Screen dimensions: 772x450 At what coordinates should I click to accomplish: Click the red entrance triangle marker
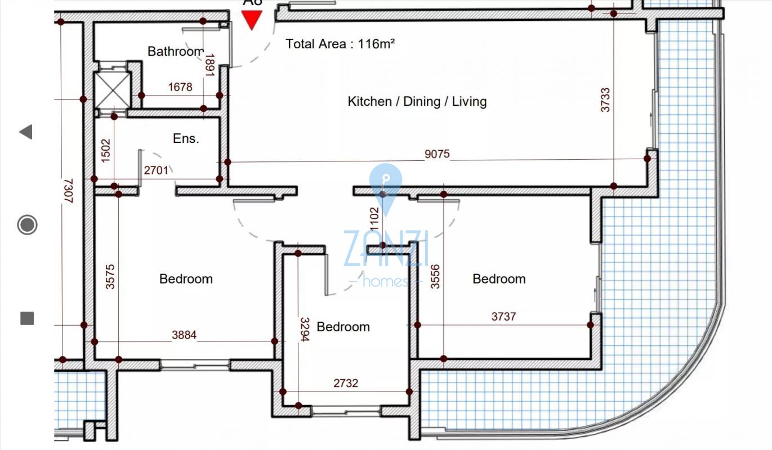click(252, 20)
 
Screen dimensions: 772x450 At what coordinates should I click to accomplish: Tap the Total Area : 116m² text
click(340, 44)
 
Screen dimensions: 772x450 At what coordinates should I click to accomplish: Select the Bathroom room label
click(176, 51)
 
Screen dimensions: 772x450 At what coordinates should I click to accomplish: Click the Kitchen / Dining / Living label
click(417, 102)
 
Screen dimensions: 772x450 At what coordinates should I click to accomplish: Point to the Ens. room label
click(186, 138)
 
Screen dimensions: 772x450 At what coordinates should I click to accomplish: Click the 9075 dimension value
click(437, 154)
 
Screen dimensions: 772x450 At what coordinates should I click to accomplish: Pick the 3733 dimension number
click(605, 100)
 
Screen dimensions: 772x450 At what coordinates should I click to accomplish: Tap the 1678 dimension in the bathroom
click(180, 87)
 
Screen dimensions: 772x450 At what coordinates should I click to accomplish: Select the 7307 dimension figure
click(69, 191)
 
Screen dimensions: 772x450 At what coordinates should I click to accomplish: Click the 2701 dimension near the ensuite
click(156, 170)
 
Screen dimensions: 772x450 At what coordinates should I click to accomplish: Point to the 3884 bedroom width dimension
click(184, 335)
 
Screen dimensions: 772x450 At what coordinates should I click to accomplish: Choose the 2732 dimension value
click(346, 383)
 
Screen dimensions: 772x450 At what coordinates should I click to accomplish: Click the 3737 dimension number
click(503, 317)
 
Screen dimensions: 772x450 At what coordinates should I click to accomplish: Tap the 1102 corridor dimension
click(374, 219)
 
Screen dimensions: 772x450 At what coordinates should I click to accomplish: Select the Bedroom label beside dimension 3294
click(343, 327)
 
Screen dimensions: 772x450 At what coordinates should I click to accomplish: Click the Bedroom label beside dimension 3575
click(186, 279)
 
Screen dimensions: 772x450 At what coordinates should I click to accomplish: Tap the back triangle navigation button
click(26, 132)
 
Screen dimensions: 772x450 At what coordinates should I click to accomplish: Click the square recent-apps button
click(27, 318)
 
